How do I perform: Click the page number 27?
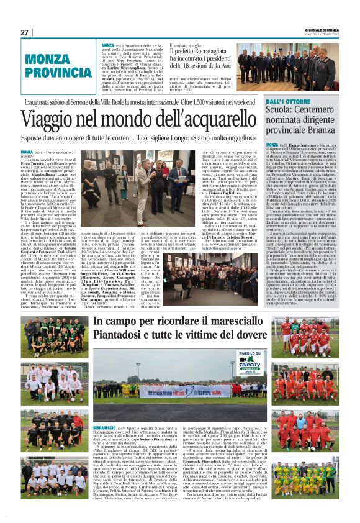pyautogui.click(x=25, y=32)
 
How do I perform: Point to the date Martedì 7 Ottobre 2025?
pyautogui.click(x=323, y=34)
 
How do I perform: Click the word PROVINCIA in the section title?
pyautogui.click(x=58, y=73)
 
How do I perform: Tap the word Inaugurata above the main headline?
pyautogui.click(x=38, y=101)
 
